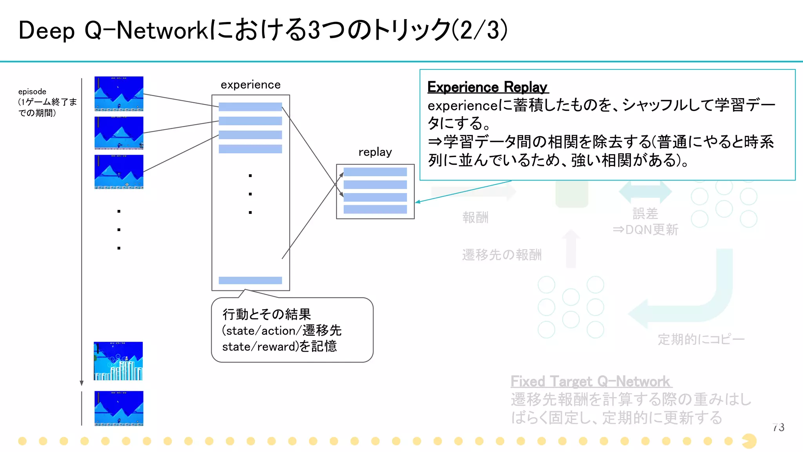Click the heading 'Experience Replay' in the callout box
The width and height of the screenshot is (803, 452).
[x=487, y=87]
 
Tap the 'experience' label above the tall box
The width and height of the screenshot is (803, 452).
[x=251, y=85]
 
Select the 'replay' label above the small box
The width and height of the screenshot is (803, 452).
[x=375, y=152]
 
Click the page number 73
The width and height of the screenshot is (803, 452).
[x=778, y=427]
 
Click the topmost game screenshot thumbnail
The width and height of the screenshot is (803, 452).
[x=119, y=94]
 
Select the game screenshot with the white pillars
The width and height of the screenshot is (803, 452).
[x=118, y=361]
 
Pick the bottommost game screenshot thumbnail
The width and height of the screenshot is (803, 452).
[x=119, y=408]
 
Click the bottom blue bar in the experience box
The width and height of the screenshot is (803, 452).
[x=250, y=280]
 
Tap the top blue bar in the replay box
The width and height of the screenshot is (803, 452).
[x=375, y=172]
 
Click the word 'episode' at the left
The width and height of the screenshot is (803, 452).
[x=32, y=91]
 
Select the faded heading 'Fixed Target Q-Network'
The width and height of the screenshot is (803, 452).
[x=590, y=381]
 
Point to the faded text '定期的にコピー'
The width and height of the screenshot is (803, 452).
[x=701, y=339]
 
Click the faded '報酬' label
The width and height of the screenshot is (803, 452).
[x=475, y=217]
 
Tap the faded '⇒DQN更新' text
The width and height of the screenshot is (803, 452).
[x=645, y=230]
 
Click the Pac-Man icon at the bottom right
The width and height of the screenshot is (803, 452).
[x=749, y=441]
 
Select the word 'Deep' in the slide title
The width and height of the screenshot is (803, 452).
[x=46, y=31]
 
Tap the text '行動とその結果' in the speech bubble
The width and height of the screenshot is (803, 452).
[x=267, y=314]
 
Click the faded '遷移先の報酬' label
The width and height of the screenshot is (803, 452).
[x=501, y=255]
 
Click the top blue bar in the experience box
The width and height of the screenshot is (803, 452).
[x=250, y=107]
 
